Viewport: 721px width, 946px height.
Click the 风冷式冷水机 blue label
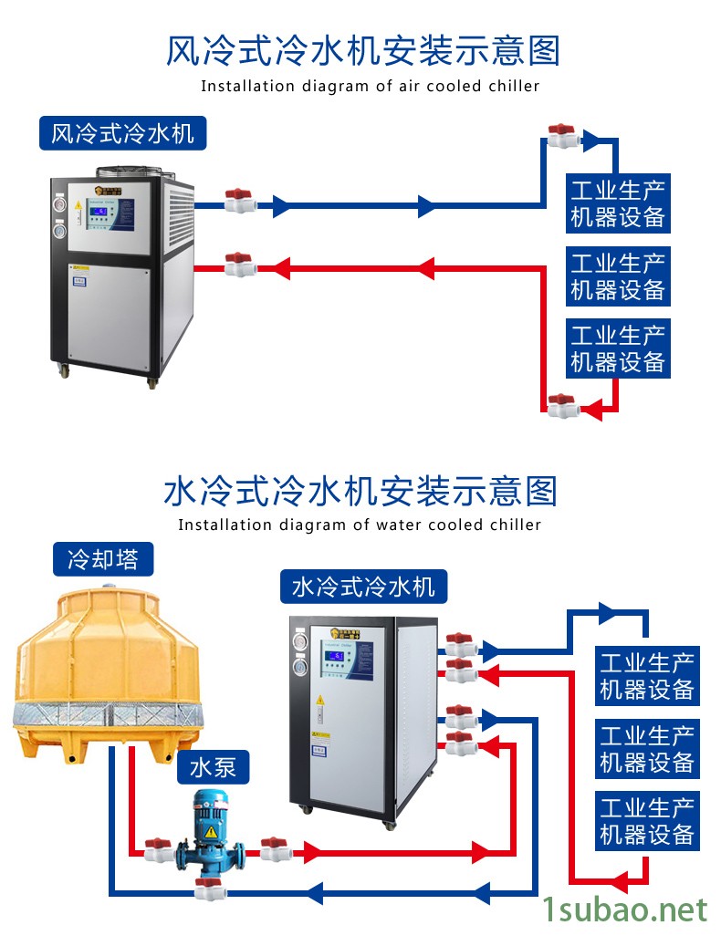point(122,133)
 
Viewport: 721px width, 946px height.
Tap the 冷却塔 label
point(102,558)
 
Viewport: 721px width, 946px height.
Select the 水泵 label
point(212,767)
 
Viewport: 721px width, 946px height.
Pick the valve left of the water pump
point(159,850)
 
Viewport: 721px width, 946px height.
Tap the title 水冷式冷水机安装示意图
point(360,492)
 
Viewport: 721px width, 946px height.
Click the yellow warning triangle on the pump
point(211,832)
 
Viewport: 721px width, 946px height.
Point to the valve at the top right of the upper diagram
point(561,138)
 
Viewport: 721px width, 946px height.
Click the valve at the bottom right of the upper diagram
point(561,405)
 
